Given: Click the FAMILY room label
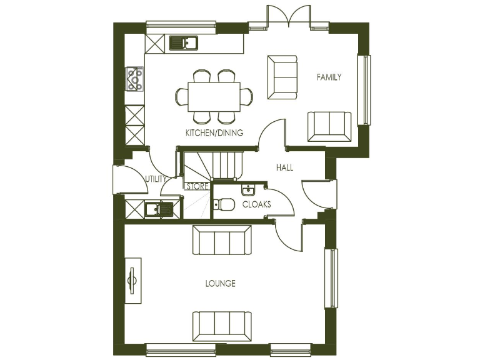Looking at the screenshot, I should (329, 77).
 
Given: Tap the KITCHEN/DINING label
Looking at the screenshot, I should (214, 133).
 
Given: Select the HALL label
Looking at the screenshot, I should (284, 167).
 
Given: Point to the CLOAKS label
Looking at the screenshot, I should (256, 204).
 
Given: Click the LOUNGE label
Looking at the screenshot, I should (221, 284).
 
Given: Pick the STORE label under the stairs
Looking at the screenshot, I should (197, 186).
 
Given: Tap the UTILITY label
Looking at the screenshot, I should (156, 179).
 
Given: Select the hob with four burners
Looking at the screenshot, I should (134, 79).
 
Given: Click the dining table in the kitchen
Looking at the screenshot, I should (214, 97).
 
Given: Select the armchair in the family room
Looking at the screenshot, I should (282, 77).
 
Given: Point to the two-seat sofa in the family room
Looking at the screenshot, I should (329, 126).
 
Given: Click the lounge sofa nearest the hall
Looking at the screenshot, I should (222, 241).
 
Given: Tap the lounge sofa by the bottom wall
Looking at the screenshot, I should (222, 326).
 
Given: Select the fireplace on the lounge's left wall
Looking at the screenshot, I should (132, 280).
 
